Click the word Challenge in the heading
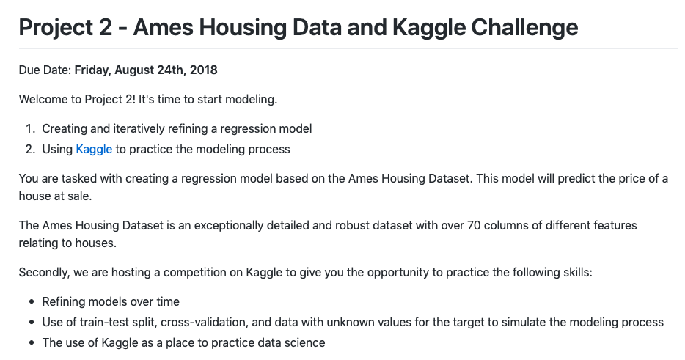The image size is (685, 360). tap(524, 28)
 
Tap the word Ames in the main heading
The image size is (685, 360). tap(164, 27)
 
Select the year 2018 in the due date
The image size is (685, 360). tap(204, 70)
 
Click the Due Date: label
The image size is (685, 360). tap(45, 70)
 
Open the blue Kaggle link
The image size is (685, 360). tap(94, 150)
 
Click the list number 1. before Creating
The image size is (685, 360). tap(30, 128)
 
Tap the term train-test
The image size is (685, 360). tap(103, 323)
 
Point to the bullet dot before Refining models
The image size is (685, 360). tap(32, 302)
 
